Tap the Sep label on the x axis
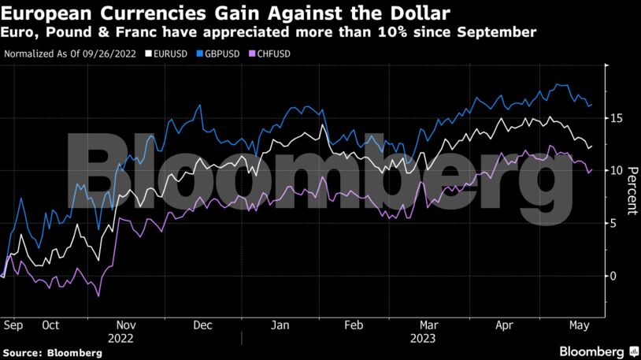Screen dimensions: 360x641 [x=12, y=325]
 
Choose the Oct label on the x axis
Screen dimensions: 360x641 [x=50, y=325]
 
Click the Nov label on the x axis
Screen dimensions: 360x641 [x=126, y=325]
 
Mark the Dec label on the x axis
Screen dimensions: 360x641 [x=202, y=325]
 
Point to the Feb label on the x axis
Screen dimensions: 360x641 [x=354, y=325]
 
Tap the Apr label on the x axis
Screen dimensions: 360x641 [x=505, y=325]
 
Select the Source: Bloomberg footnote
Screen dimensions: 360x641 [x=53, y=353]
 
